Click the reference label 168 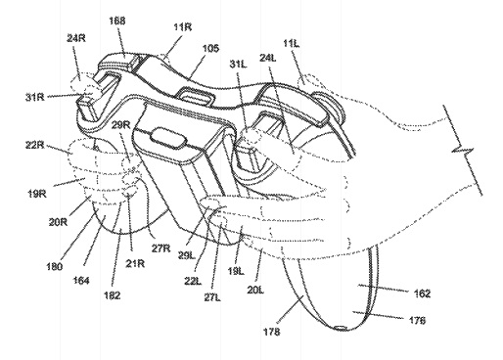[x=117, y=22]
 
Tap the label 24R [x=76, y=38]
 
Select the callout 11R [x=183, y=27]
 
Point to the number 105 [x=210, y=49]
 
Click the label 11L [x=291, y=43]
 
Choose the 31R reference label [x=35, y=97]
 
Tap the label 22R [x=34, y=145]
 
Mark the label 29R [x=120, y=125]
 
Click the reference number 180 [x=55, y=267]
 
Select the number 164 [x=81, y=280]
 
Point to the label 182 [x=113, y=295]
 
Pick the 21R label [x=135, y=263]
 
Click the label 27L [x=212, y=297]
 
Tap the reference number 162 [x=422, y=293]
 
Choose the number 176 [x=417, y=321]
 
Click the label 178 [x=272, y=332]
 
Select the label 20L [x=255, y=290]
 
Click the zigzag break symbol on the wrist [x=463, y=151]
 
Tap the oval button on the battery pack [x=167, y=139]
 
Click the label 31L [x=239, y=65]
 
